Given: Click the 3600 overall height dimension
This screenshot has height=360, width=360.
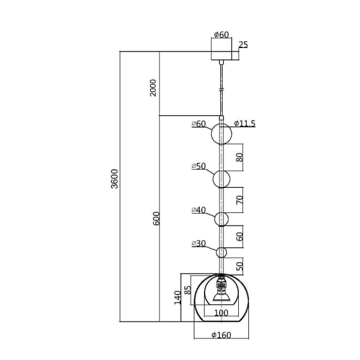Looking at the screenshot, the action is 115,179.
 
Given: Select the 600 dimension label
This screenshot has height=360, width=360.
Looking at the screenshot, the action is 156,218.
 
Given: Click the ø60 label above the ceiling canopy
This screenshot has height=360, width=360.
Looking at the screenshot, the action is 221,35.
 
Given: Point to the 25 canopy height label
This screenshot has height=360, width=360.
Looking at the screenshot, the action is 244,44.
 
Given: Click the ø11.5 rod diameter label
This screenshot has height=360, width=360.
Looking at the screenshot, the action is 245,124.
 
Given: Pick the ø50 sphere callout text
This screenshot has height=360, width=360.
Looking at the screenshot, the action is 199,166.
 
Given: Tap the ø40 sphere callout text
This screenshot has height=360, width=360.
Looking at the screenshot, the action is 199,210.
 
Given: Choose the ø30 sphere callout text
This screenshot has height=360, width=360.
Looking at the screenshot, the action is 199,244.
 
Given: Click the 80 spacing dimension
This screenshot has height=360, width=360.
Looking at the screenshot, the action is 239,157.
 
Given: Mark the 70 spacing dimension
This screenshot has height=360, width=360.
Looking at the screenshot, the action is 239,200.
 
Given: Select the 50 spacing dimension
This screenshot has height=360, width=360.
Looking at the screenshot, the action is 239,266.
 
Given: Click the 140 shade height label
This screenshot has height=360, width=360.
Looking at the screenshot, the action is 178,298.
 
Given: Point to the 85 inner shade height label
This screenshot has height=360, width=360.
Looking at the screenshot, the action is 188,290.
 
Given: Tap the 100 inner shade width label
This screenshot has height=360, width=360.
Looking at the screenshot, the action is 221,313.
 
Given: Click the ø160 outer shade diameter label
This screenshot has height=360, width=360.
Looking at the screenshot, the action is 221,335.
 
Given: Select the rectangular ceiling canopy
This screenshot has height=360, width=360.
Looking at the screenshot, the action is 221,49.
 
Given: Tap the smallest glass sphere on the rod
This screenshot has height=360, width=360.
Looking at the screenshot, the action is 221,253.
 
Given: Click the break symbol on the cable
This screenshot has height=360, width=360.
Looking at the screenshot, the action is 221,90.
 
